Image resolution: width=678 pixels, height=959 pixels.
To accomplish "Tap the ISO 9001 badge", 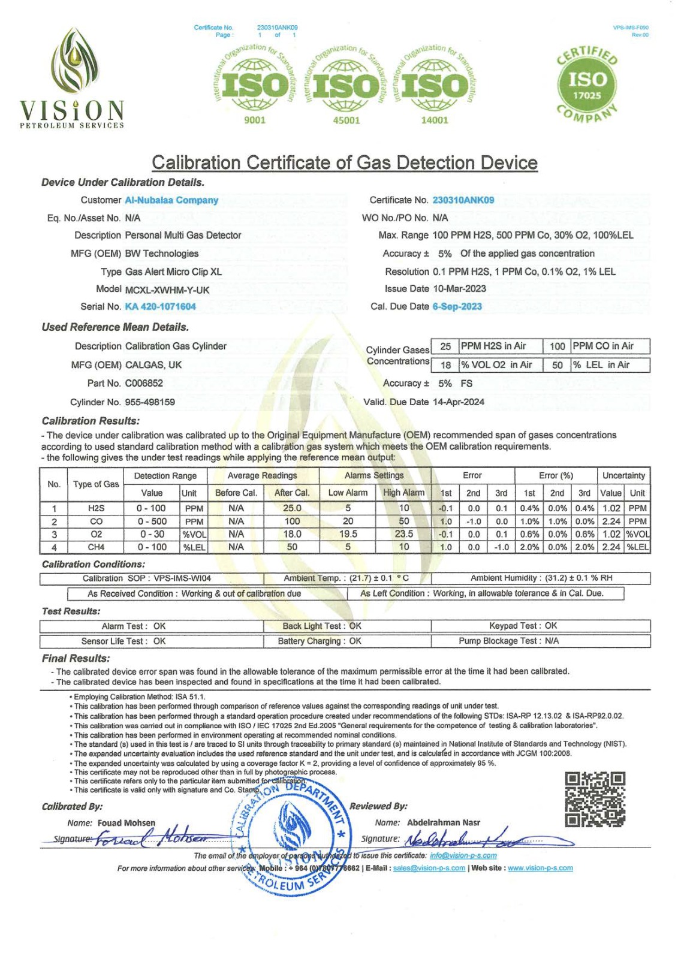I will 254,84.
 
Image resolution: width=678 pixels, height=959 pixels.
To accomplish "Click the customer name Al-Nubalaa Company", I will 171,200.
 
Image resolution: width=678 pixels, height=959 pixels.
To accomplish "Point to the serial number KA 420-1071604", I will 160,307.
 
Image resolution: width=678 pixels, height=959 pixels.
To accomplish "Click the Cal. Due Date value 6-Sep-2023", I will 457,307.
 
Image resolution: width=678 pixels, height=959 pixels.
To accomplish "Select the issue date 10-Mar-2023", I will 459,289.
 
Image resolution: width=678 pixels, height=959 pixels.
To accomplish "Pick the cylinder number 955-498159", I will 150,402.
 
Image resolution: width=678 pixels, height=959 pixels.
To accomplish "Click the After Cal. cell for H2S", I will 291,508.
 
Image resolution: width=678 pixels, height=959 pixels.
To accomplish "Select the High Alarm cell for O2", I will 403,534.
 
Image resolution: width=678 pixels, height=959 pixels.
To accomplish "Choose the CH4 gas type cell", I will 96,547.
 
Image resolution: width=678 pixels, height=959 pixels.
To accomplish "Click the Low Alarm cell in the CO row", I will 348,521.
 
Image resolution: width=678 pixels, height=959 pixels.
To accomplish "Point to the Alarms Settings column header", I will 375,476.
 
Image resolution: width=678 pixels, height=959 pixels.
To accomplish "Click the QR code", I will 595,800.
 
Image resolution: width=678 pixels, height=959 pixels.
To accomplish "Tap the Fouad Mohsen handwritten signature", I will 153,838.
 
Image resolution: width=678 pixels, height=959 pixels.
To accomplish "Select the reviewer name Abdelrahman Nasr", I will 444,823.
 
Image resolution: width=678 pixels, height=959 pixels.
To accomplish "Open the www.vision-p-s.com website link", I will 540,868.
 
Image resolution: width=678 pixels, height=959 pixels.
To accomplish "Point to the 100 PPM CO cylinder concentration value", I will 557,346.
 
